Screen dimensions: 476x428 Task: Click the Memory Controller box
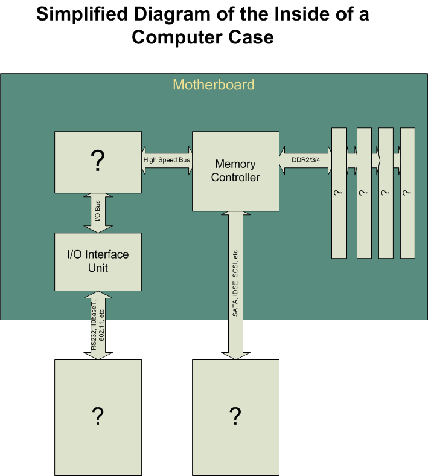pos(235,170)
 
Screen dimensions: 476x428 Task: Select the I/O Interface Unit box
pos(98,262)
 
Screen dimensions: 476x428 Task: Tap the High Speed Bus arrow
pos(167,161)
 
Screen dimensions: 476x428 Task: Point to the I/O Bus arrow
pos(98,213)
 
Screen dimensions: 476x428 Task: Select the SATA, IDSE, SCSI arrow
pos(235,284)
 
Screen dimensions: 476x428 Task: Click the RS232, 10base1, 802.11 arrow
pos(98,326)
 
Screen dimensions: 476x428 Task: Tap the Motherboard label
pos(214,85)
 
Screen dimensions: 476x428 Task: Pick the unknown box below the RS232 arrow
pos(98,416)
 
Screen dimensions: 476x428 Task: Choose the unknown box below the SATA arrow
pos(235,416)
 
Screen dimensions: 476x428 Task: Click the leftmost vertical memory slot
pos(339,192)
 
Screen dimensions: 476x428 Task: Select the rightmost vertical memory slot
pos(408,192)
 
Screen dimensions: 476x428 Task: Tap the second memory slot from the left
pos(363,192)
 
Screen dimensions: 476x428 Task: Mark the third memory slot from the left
pos(386,192)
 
